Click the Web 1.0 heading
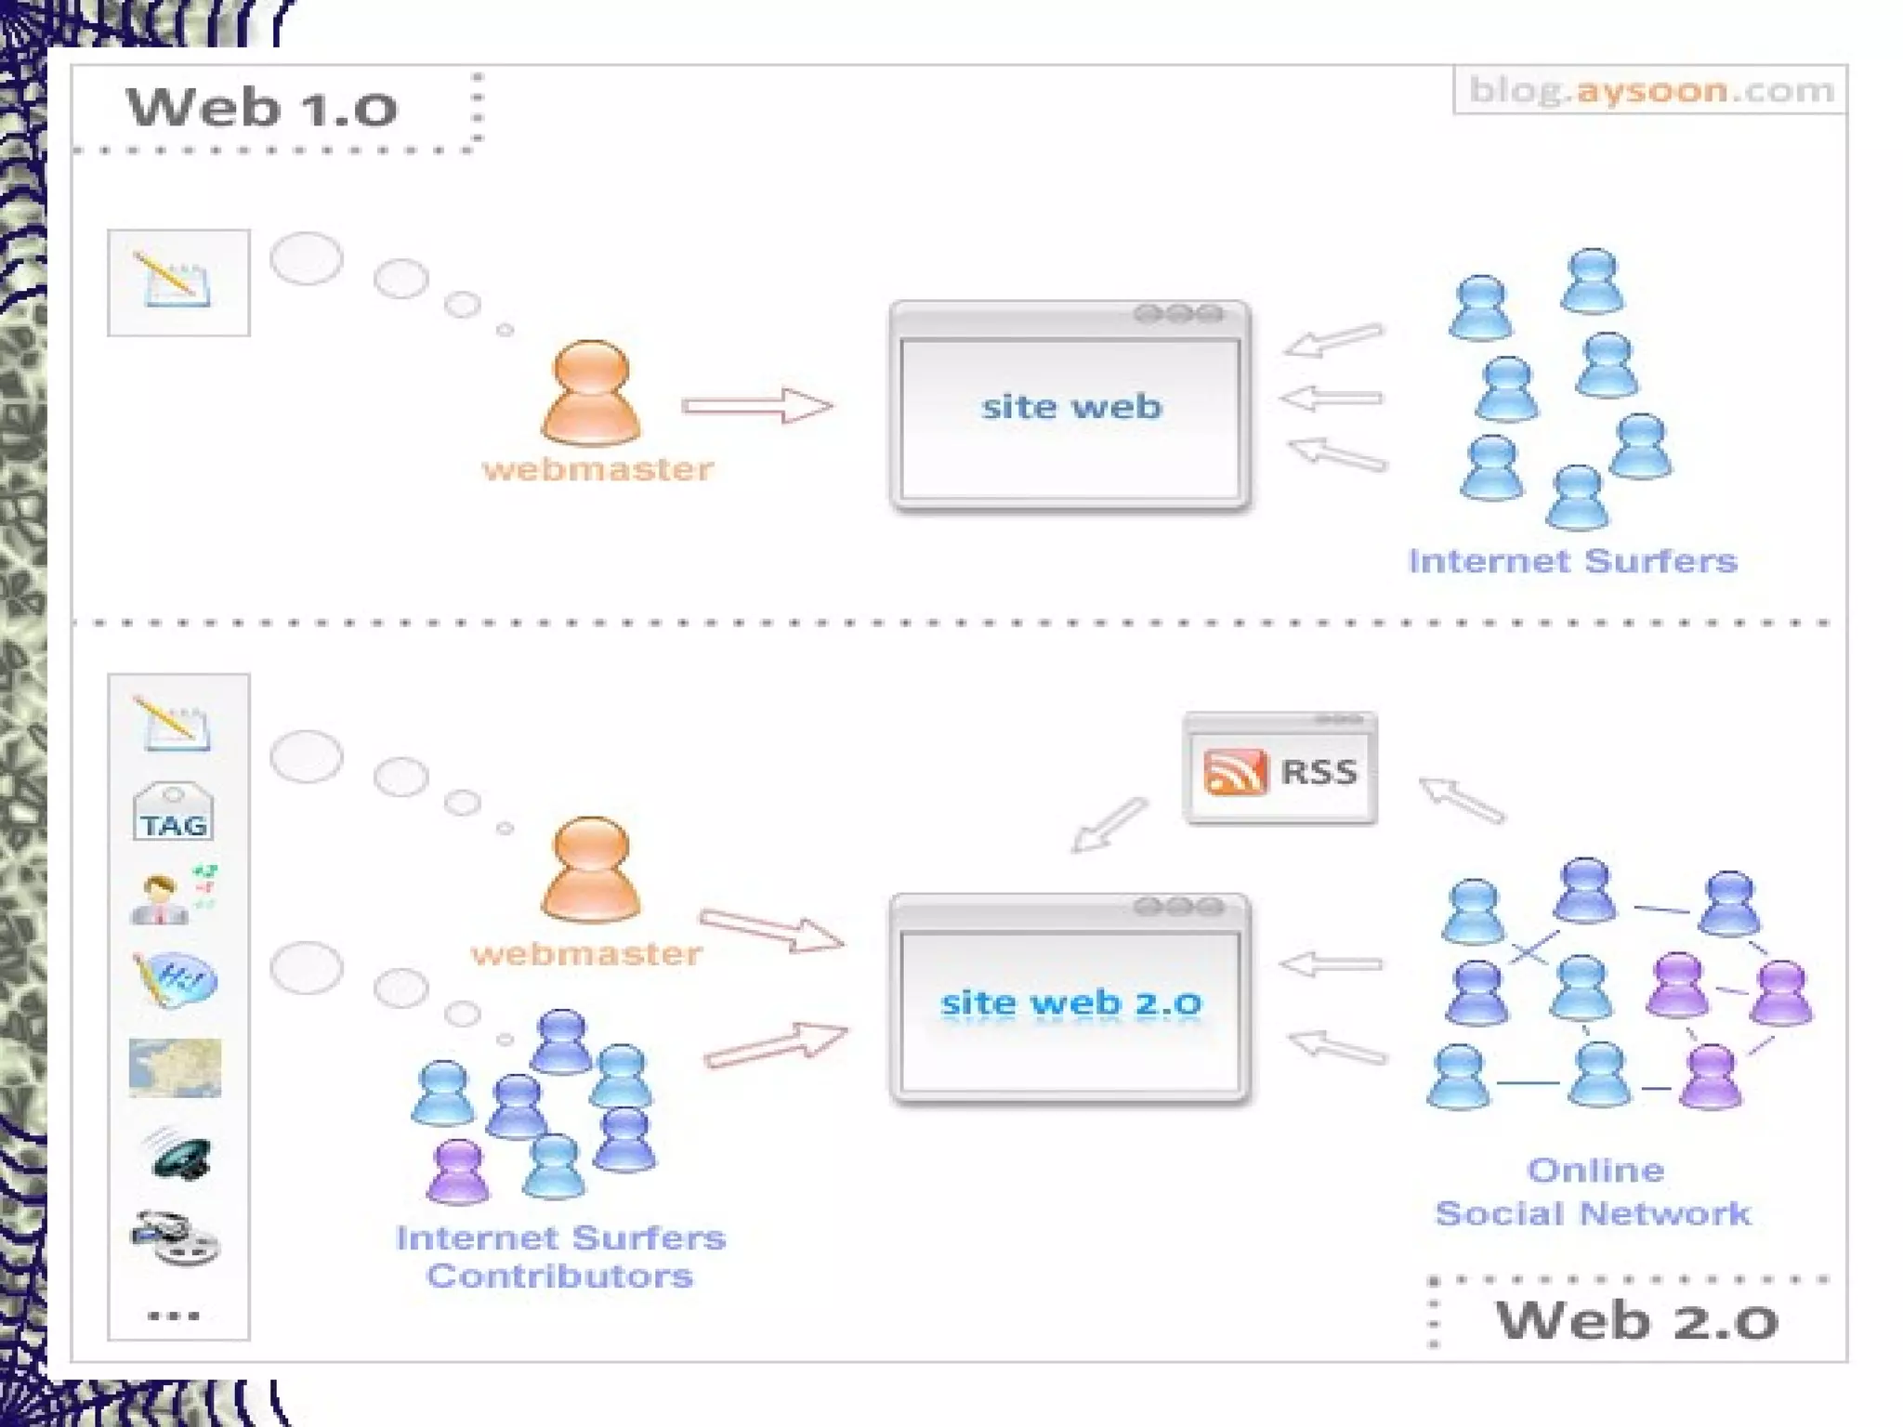pyautogui.click(x=262, y=108)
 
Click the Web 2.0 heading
pyautogui.click(x=1636, y=1320)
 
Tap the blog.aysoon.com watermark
pyautogui.click(x=1650, y=90)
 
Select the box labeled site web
pyautogui.click(x=1070, y=407)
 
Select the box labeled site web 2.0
pyautogui.click(x=1070, y=1002)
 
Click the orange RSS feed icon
pyautogui.click(x=1235, y=771)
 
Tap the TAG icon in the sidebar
pyautogui.click(x=174, y=813)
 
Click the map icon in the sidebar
pyautogui.click(x=175, y=1068)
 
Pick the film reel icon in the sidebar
pyautogui.click(x=175, y=1237)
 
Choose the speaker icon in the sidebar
pyautogui.click(x=177, y=1155)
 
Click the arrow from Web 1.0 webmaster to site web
pyautogui.click(x=757, y=406)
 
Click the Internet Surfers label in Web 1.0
pyautogui.click(x=1572, y=561)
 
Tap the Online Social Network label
pyautogui.click(x=1593, y=1192)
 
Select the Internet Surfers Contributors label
pyautogui.click(x=560, y=1256)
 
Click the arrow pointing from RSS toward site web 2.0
pyautogui.click(x=1109, y=825)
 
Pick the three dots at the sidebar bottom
pyautogui.click(x=174, y=1316)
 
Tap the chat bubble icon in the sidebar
pyautogui.click(x=176, y=978)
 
